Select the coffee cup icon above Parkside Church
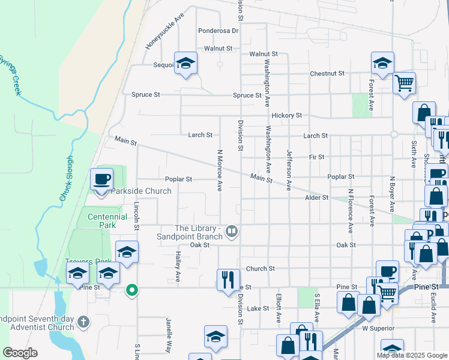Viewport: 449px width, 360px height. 101,179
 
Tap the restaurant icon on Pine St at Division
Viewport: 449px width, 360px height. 228,280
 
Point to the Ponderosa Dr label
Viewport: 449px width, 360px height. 218,31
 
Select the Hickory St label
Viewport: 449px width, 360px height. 286,115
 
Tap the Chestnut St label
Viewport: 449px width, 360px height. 327,74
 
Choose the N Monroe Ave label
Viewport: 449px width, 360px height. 220,170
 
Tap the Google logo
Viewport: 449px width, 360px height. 20,352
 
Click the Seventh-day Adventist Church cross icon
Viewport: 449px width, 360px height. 83,322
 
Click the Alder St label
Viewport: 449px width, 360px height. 317,197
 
